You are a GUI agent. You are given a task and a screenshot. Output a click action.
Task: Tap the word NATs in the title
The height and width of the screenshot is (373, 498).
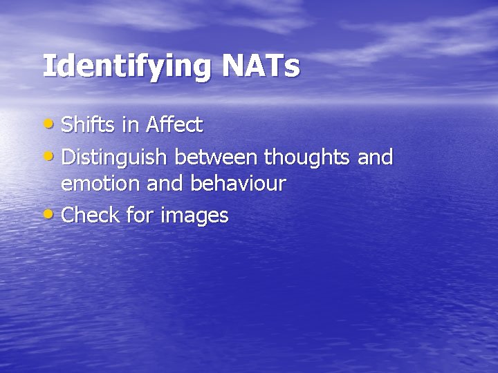tap(261, 66)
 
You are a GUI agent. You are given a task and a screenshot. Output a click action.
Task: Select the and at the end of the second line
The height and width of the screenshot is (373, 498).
tap(376, 157)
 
